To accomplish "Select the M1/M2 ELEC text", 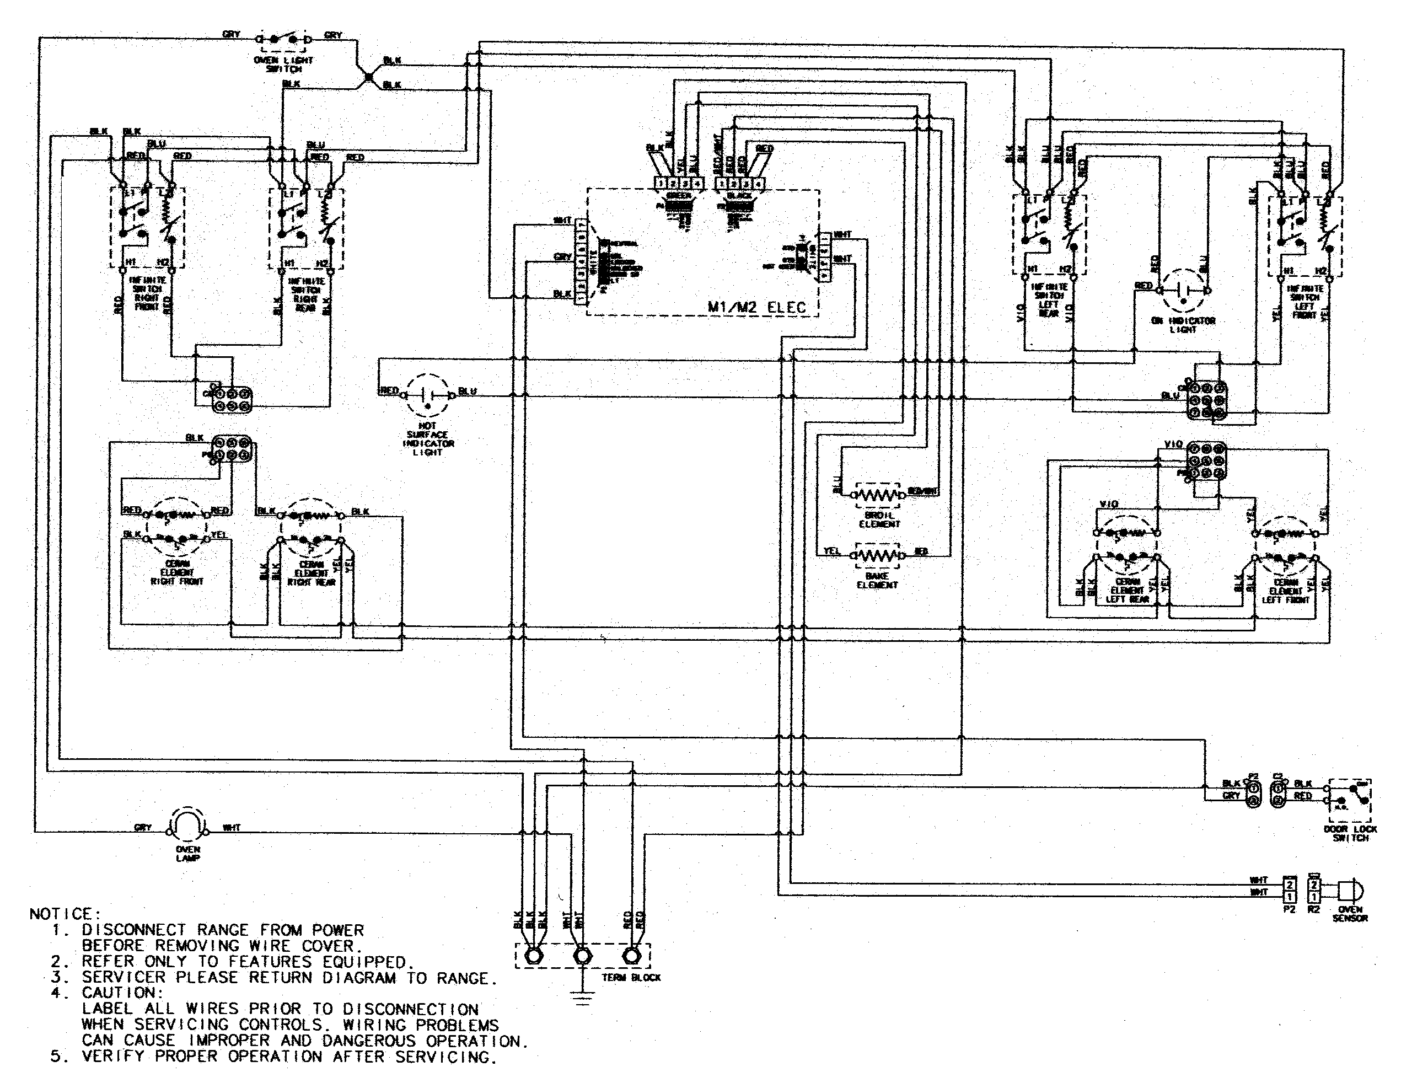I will point(756,307).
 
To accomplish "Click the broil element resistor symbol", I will point(877,495).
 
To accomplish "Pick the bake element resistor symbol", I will point(877,555).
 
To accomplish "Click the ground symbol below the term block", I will point(583,998).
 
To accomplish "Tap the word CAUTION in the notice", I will point(119,993).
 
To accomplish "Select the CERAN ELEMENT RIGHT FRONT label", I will point(177,572).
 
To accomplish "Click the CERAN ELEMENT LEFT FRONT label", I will point(1286,591).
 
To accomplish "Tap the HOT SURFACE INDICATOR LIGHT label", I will point(428,439).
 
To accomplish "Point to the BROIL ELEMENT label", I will point(879,519).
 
